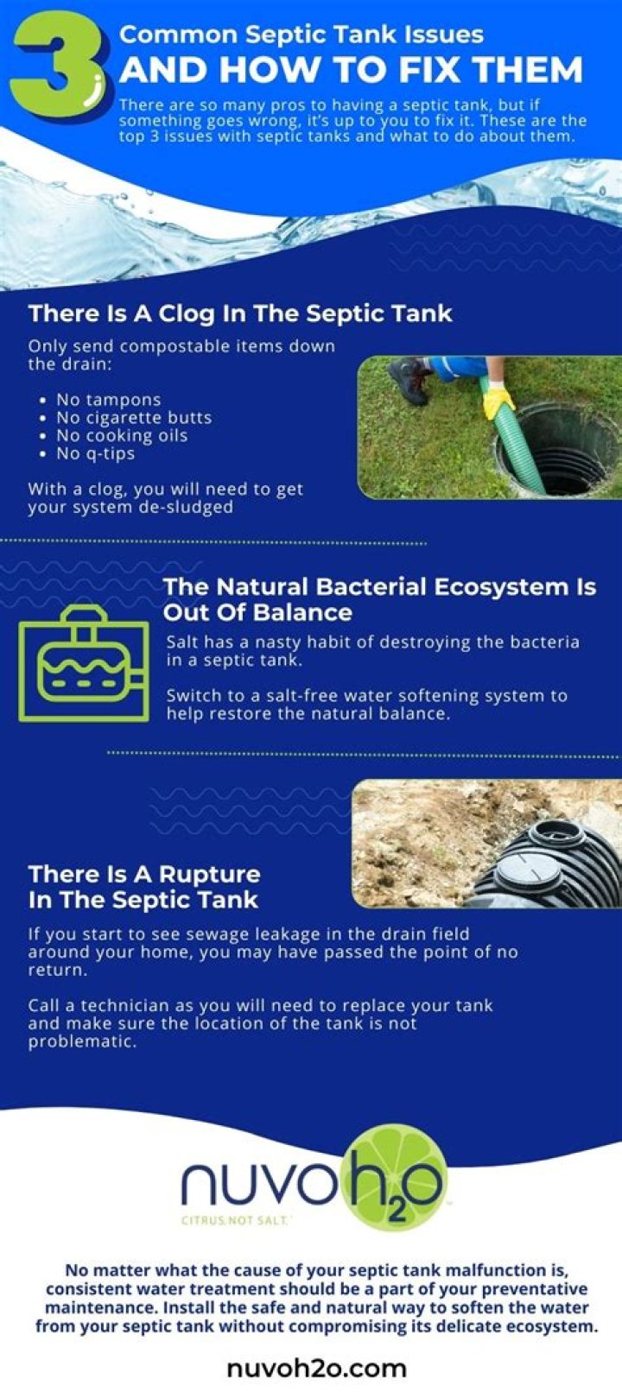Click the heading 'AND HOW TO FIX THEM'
(351, 70)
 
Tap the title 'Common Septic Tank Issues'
(301, 35)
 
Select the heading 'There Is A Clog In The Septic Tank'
(240, 313)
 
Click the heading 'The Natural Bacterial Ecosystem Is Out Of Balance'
(380, 599)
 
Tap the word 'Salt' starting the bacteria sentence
(182, 642)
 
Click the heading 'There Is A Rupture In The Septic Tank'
(144, 887)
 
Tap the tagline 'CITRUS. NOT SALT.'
(236, 1219)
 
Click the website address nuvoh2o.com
(317, 1369)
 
